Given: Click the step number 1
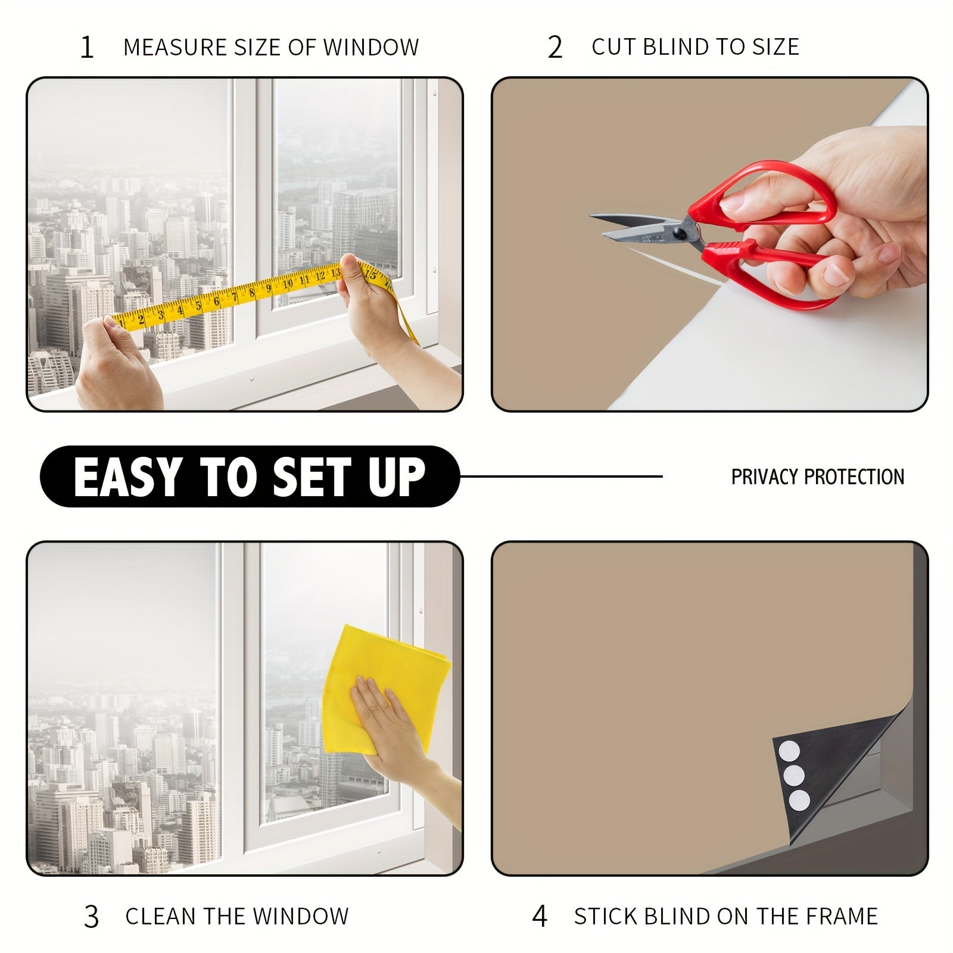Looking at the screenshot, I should [x=87, y=48].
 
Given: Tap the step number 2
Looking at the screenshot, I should [x=555, y=48].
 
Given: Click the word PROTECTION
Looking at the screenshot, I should [x=854, y=476].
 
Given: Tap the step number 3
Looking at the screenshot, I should [x=91, y=917].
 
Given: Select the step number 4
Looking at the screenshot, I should [x=539, y=916].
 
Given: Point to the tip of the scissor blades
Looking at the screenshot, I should [x=593, y=216].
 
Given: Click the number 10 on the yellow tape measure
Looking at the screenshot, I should [x=288, y=283].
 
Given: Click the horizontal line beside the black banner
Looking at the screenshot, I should [x=560, y=476].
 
